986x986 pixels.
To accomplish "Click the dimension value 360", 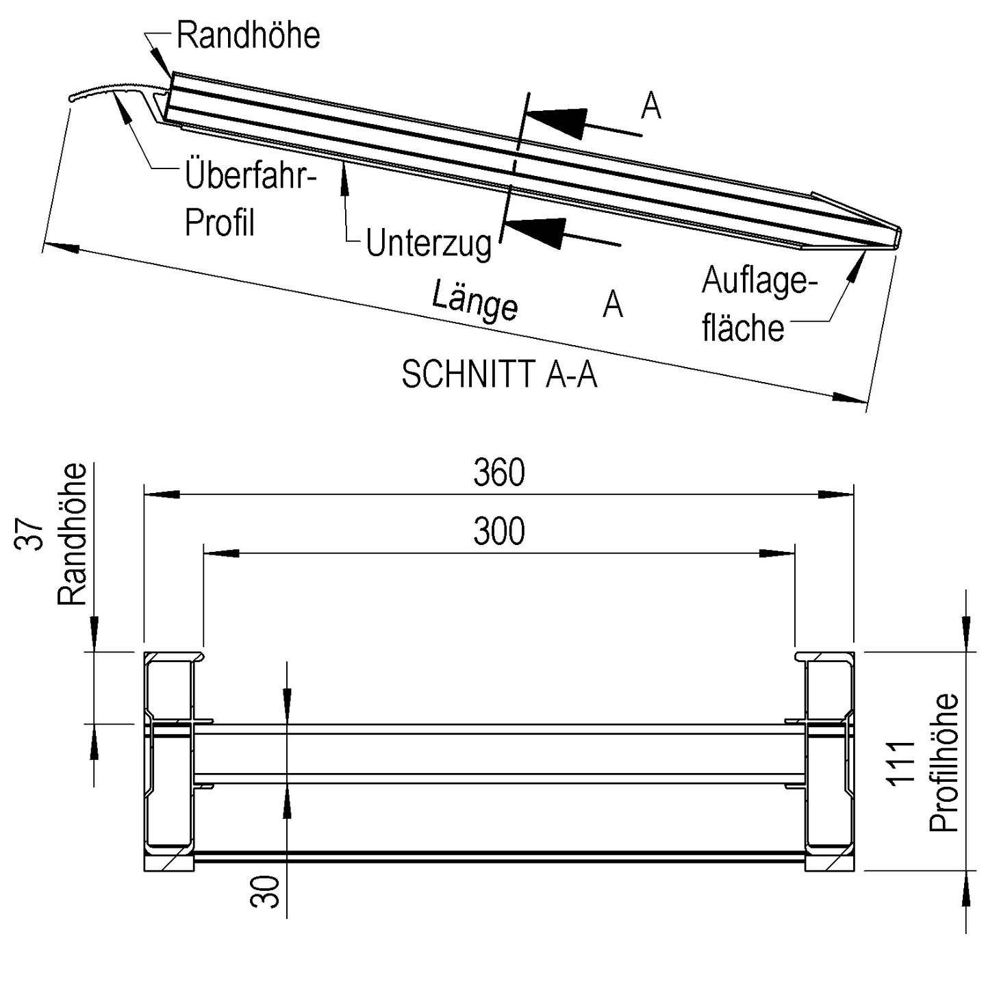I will (x=499, y=473).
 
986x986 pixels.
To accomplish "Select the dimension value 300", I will (x=499, y=531).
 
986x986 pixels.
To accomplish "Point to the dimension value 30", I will (x=266, y=891).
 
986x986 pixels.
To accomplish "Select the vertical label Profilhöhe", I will (x=944, y=762).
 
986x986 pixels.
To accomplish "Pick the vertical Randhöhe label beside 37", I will (x=73, y=534).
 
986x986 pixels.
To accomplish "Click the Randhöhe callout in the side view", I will (x=248, y=36).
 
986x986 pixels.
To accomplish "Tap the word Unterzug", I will (x=429, y=243).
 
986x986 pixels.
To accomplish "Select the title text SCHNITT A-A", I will (x=499, y=375).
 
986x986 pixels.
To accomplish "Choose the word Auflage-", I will (x=760, y=281).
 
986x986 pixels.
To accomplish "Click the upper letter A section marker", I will (x=651, y=106).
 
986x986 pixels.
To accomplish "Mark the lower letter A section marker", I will (x=613, y=303).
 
